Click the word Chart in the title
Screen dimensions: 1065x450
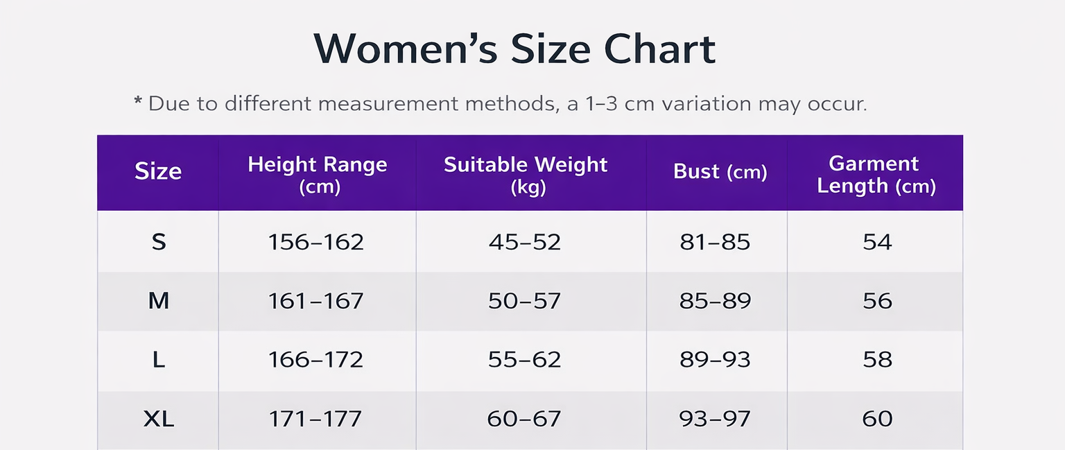(x=659, y=49)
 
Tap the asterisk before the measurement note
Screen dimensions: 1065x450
(x=138, y=101)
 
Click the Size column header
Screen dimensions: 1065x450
(x=158, y=171)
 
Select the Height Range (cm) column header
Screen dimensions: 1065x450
(x=318, y=175)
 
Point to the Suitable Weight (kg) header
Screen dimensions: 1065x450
(x=526, y=175)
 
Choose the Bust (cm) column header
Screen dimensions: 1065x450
(x=720, y=172)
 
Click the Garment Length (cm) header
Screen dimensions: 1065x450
(x=876, y=175)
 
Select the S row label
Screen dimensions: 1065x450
(x=159, y=242)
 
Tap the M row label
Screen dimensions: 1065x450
(x=158, y=301)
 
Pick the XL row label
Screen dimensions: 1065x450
(x=158, y=419)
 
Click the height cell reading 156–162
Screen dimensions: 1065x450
(x=316, y=242)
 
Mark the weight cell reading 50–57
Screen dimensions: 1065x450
(x=524, y=301)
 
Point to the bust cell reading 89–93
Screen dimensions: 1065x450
(x=715, y=360)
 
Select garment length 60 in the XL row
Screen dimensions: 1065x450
(x=877, y=419)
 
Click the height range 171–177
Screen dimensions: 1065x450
(x=315, y=419)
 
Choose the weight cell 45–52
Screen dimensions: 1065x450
(x=524, y=242)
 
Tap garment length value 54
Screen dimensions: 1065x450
(x=877, y=242)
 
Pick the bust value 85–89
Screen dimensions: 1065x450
(x=715, y=301)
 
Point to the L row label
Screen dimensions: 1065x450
(x=159, y=360)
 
